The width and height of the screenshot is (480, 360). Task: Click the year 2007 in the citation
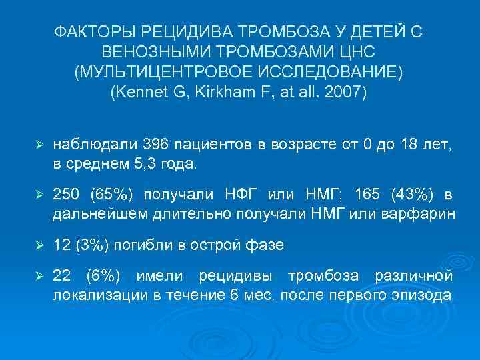343,92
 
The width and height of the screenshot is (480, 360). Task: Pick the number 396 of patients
177,145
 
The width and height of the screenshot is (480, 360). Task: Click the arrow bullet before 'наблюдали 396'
39,145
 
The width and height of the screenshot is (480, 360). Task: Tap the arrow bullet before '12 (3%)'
39,245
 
